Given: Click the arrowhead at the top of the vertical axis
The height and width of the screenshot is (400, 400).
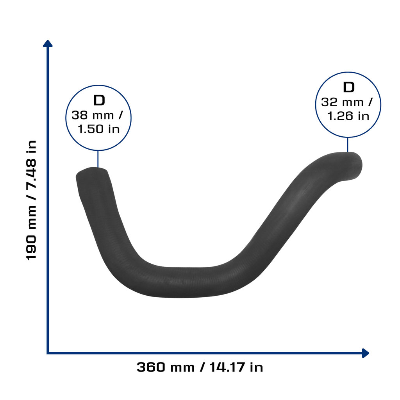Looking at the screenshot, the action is coord(48,43).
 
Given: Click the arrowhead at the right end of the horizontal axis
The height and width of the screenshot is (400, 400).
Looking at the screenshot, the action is coord(366,353).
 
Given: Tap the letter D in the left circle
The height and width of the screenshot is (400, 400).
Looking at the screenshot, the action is coord(99,100).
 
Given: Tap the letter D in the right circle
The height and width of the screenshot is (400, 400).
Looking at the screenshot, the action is coord(349,87).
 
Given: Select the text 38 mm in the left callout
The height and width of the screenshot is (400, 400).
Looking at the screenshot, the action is coord(93,115).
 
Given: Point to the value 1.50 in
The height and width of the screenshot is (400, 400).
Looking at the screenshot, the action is coord(98,129).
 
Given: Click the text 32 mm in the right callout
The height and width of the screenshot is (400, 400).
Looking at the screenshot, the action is coord(342,102).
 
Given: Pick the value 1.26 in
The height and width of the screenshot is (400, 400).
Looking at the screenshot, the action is coord(348,116).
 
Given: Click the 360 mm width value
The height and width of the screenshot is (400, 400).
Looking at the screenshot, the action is coord(166,367).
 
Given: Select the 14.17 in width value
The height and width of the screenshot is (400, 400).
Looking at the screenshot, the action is coord(236,367).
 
